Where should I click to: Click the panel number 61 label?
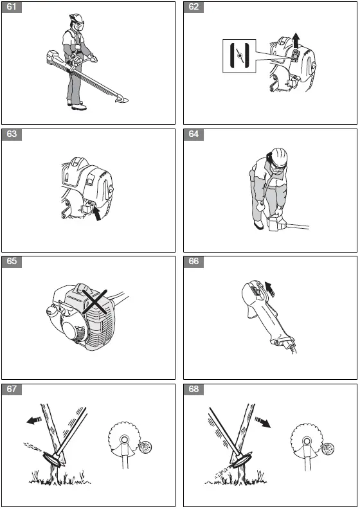pos(12,7)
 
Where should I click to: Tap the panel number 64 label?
pos(194,134)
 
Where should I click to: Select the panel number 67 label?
pos(12,389)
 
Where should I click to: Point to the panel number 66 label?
pos(194,262)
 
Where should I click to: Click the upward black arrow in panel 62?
pos(296,41)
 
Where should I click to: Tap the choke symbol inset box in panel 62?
pos(239,56)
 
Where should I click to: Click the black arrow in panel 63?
pos(96,213)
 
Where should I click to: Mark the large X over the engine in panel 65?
pos(94,302)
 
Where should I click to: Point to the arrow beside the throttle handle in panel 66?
pos(269,289)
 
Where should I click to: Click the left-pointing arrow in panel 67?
pos(34,421)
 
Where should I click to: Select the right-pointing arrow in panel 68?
pos(263,422)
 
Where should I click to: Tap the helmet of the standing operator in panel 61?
pos(76,17)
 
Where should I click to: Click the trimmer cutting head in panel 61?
pos(122,99)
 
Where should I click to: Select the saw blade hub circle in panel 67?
pos(124,440)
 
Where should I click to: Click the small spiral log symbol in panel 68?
pos(328,449)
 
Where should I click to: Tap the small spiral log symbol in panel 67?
pos(145,447)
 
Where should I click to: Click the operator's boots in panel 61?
pos(77,105)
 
